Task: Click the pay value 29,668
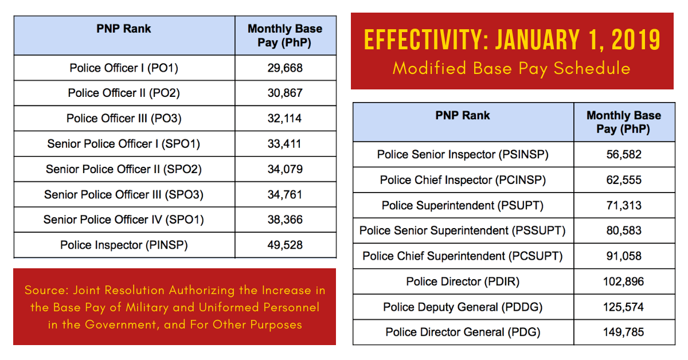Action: (x=285, y=68)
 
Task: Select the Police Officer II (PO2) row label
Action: (x=124, y=93)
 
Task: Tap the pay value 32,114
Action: (x=285, y=118)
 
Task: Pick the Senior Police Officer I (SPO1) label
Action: (x=124, y=143)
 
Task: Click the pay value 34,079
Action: (x=285, y=169)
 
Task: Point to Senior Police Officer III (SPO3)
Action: (x=124, y=194)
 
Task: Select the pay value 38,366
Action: (x=285, y=220)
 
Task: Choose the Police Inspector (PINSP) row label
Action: (x=124, y=245)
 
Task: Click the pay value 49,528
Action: (x=285, y=245)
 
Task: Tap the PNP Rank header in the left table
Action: (x=124, y=29)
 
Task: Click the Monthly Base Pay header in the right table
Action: (x=623, y=122)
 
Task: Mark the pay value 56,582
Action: (x=623, y=154)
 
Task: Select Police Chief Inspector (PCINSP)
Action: (x=463, y=180)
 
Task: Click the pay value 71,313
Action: (x=623, y=205)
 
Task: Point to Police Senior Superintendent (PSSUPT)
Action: (x=463, y=230)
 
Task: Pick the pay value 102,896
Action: (x=623, y=281)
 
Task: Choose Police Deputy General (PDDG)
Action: (x=463, y=307)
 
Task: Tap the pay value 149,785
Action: (x=623, y=332)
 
